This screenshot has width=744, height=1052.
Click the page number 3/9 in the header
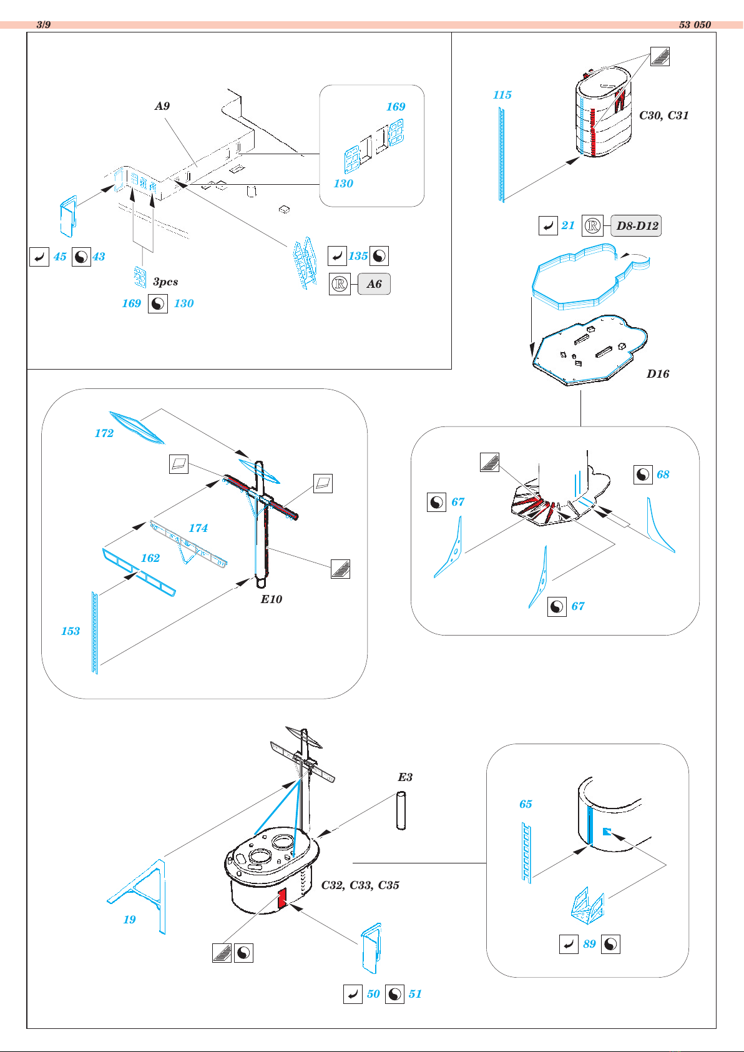(x=43, y=25)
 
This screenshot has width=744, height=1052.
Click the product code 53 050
(x=695, y=25)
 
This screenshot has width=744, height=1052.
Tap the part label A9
(x=162, y=106)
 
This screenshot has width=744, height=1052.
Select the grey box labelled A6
(x=374, y=284)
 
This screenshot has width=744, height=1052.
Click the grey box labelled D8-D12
(x=636, y=226)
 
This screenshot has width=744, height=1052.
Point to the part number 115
(x=502, y=95)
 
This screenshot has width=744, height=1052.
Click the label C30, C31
(x=663, y=116)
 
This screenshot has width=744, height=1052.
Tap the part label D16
(x=658, y=374)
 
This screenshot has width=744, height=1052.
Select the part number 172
(x=104, y=433)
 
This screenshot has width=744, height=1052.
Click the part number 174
(x=198, y=528)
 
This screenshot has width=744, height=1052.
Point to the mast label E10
(x=272, y=599)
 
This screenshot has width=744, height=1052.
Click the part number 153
(x=71, y=631)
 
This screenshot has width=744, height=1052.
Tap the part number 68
(x=663, y=474)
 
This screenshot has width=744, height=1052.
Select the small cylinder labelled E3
(x=401, y=810)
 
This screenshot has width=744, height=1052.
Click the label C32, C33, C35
(x=360, y=885)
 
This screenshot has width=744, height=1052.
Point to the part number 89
(x=589, y=944)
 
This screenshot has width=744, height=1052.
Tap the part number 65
(x=526, y=804)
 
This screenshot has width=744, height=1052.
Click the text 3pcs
(x=165, y=282)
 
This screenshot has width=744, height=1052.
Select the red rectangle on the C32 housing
(x=282, y=898)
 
